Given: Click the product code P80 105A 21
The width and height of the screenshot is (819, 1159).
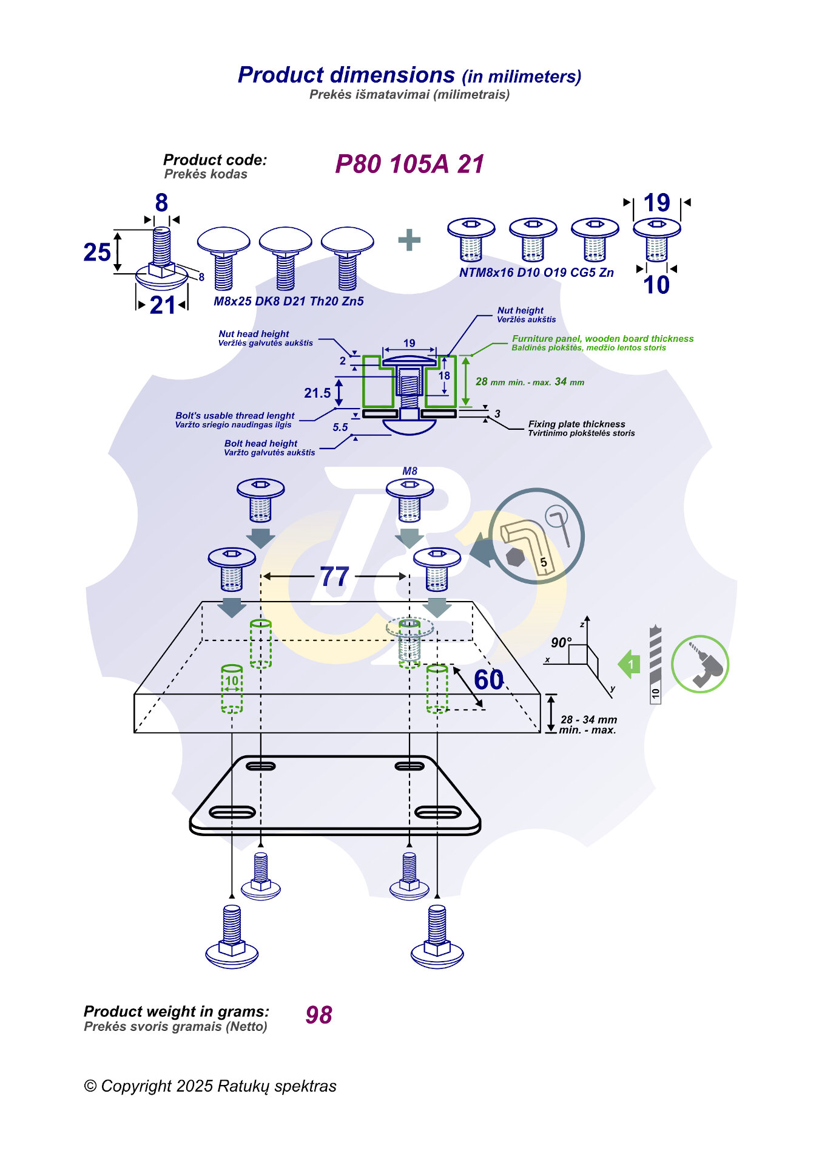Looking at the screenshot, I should (x=409, y=165).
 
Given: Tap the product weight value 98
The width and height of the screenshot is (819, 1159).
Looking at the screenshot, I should (x=319, y=1015).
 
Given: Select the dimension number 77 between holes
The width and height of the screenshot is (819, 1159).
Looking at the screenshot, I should (x=334, y=577).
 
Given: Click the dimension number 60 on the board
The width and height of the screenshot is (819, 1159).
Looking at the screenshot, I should (x=488, y=680).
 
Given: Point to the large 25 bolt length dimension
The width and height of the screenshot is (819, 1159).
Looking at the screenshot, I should (x=97, y=253).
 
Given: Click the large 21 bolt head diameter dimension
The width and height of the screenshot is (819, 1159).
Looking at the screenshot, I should (x=162, y=305).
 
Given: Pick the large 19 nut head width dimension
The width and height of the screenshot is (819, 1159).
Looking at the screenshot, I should (x=656, y=203).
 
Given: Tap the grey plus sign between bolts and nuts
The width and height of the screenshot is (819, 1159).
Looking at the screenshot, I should (x=409, y=240).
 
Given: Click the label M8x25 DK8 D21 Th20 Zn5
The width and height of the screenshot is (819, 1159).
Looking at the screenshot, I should (x=289, y=301).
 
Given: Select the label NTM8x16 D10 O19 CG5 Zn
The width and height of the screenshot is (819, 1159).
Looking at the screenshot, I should (x=536, y=273).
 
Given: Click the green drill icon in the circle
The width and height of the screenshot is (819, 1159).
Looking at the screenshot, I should (x=700, y=664).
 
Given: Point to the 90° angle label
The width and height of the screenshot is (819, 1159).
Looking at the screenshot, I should (x=561, y=642).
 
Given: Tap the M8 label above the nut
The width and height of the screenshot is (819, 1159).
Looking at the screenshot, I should (x=410, y=471).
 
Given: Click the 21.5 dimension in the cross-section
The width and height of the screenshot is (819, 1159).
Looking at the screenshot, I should (x=317, y=393).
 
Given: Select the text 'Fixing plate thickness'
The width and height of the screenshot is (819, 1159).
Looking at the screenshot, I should (x=576, y=424).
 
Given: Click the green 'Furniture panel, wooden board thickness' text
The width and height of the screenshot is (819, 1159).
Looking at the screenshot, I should (x=602, y=339).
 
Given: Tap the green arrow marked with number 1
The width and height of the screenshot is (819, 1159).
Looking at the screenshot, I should (x=630, y=664).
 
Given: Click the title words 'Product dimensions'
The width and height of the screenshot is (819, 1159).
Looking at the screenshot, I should (x=346, y=75).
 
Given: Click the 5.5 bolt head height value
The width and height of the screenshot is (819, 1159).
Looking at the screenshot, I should (x=340, y=427).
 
